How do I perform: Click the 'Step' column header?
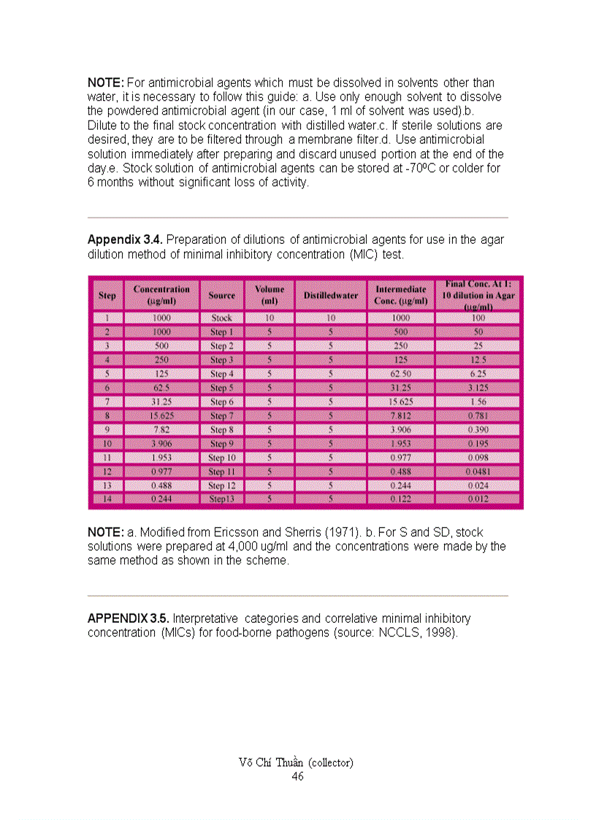click(107, 296)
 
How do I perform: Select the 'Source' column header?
click(221, 296)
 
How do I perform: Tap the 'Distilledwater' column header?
click(331, 296)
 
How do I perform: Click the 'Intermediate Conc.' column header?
click(401, 295)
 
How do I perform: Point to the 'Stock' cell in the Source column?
click(221, 318)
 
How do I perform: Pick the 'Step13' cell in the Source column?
click(221, 499)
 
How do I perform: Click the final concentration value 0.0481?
click(479, 472)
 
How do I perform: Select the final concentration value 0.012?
click(479, 499)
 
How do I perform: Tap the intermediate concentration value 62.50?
click(401, 374)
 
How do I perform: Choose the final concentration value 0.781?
click(479, 415)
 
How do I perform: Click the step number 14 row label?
click(107, 499)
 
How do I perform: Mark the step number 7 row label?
click(107, 402)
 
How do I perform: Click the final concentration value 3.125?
click(479, 388)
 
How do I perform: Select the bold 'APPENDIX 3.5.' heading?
click(128, 618)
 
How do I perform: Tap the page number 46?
click(297, 776)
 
